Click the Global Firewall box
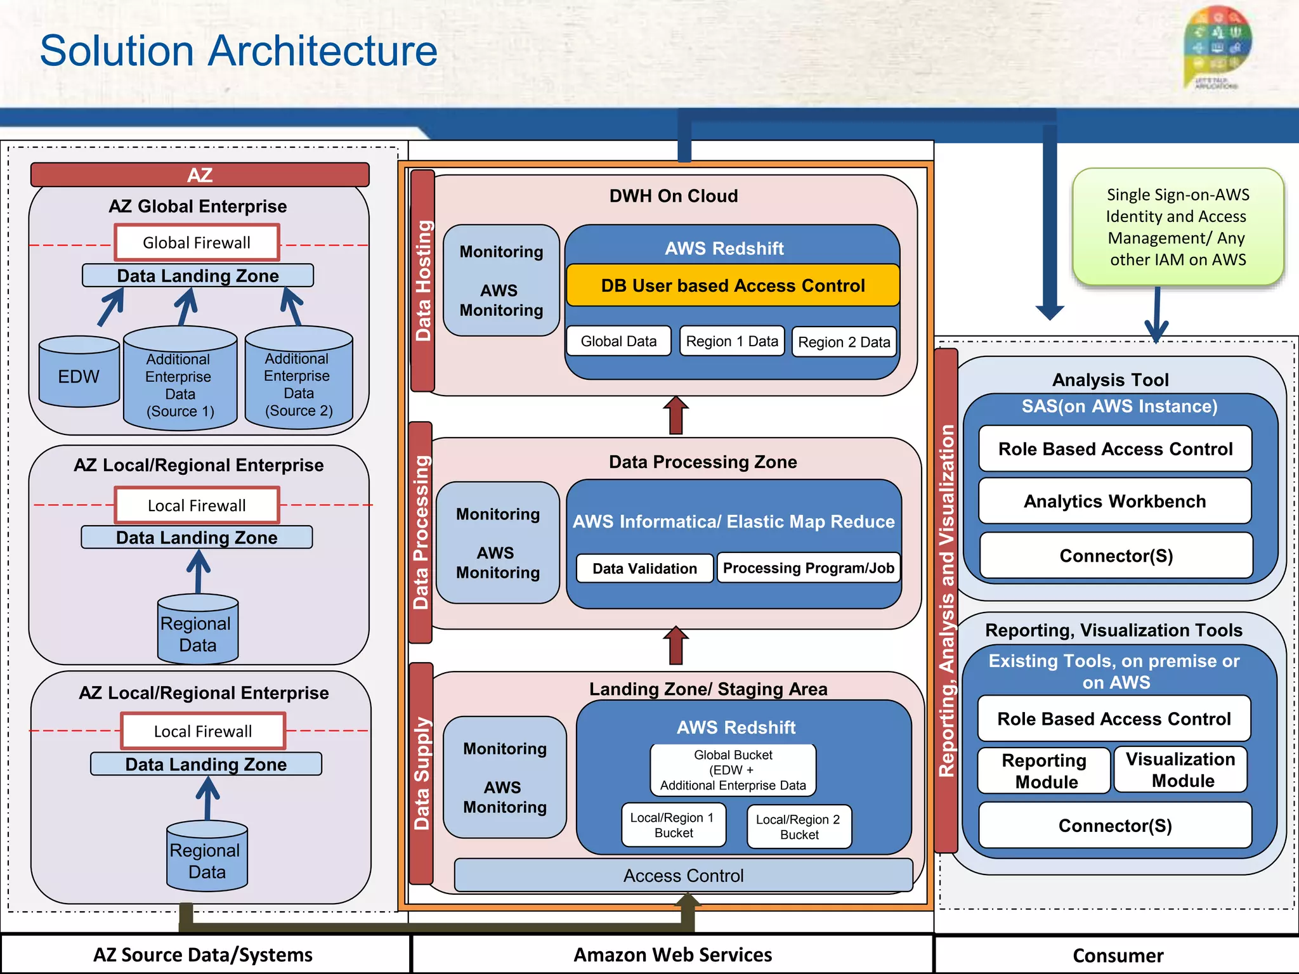coord(197,242)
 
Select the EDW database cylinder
coord(79,373)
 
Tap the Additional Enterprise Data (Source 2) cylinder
coord(298,380)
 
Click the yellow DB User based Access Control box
coord(733,285)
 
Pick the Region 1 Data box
coord(732,341)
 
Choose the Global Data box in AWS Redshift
coord(618,341)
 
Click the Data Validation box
coord(644,568)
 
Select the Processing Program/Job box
coord(808,568)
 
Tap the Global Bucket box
coord(733,770)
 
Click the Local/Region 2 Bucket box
coord(799,827)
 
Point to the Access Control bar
coord(683,875)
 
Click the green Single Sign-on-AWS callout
coord(1177,226)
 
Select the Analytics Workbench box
coord(1114,501)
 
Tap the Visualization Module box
coord(1180,770)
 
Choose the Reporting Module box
coord(1043,770)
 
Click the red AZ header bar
coord(200,175)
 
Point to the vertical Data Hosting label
coord(422,280)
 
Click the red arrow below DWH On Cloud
coord(676,415)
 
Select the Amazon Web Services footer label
coord(672,954)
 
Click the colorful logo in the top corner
coord(1217,48)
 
